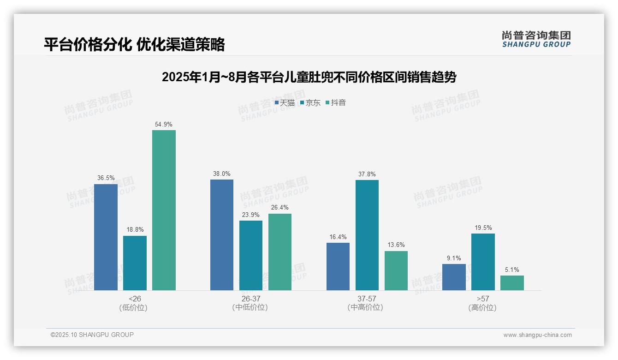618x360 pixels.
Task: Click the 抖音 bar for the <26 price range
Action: pyautogui.click(x=164, y=210)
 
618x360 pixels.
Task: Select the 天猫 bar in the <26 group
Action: pyautogui.click(x=106, y=237)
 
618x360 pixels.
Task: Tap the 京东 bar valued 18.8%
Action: pyautogui.click(x=135, y=263)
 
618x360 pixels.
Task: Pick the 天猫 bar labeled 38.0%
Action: pyautogui.click(x=222, y=234)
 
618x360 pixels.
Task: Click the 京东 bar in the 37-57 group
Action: pyautogui.click(x=367, y=235)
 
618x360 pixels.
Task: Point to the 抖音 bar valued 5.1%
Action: pyautogui.click(x=512, y=283)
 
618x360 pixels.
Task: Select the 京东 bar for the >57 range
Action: pyautogui.click(x=483, y=262)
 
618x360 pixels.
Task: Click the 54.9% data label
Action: pyautogui.click(x=164, y=125)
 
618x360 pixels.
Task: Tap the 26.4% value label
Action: pyautogui.click(x=280, y=208)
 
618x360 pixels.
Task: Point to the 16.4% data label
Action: pyautogui.click(x=338, y=237)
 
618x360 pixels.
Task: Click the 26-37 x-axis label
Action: pyautogui.click(x=250, y=299)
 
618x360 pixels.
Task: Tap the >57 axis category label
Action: pyautogui.click(x=482, y=299)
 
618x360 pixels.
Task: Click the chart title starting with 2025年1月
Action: pyautogui.click(x=309, y=77)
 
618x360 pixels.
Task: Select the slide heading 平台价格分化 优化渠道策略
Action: pyautogui.click(x=134, y=44)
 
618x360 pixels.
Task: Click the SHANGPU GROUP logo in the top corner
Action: pyautogui.click(x=536, y=39)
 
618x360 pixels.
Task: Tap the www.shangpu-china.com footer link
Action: pyautogui.click(x=537, y=335)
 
